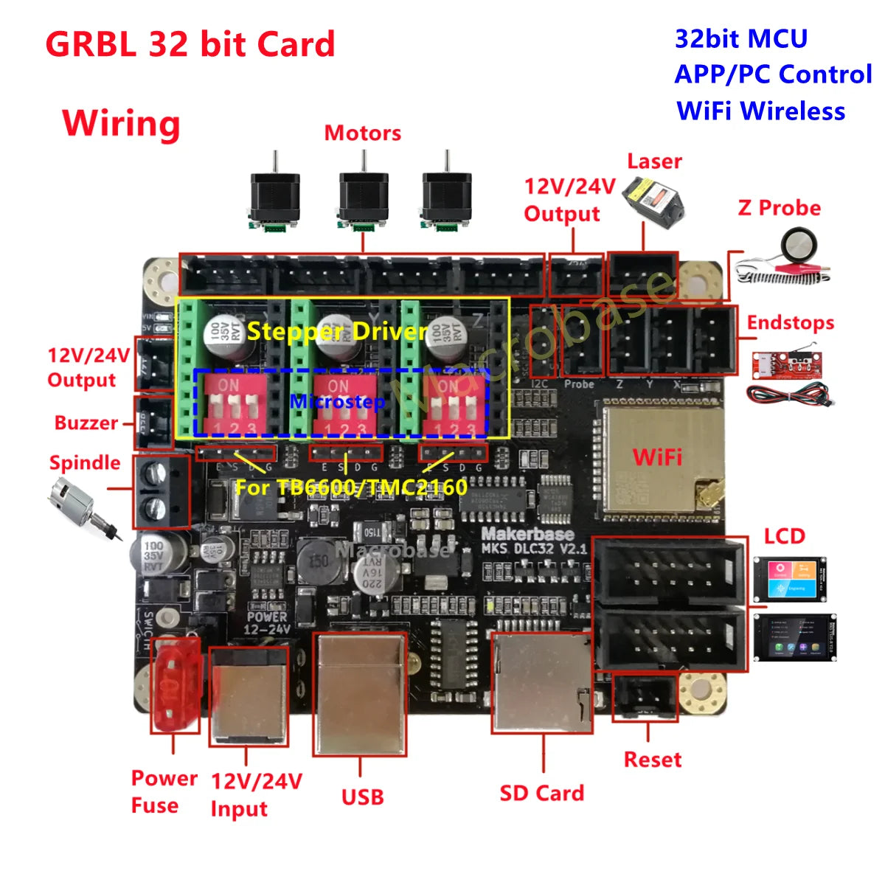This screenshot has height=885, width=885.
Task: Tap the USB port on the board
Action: point(360,693)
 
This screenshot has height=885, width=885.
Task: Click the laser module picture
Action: point(652,199)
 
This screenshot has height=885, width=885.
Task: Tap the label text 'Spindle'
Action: point(85,463)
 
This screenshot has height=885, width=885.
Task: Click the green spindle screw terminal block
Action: point(162,492)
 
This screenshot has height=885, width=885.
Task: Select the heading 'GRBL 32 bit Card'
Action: point(190,44)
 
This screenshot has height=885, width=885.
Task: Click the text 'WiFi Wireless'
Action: point(760,111)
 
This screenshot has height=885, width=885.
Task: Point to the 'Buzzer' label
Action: point(86,423)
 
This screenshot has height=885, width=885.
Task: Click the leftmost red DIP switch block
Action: point(229,404)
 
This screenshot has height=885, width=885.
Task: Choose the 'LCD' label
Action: point(784,536)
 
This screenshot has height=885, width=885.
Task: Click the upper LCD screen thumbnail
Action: point(789,580)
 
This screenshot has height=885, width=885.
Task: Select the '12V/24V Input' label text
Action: point(256,794)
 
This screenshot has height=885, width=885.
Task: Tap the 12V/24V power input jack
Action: point(248,697)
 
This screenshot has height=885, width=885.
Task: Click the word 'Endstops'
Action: point(791,323)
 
